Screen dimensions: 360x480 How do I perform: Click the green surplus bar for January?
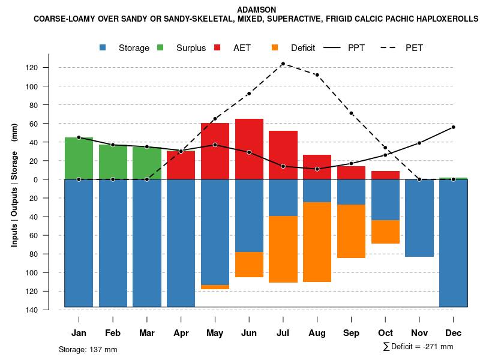tap(79, 158)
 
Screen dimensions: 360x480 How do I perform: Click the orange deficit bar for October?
tap(385, 232)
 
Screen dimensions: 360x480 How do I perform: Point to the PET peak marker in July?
tap(283, 64)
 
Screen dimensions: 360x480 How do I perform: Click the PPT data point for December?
tap(454, 127)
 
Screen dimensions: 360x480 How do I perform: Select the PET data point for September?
tap(351, 113)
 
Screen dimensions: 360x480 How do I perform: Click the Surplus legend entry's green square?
tap(160, 48)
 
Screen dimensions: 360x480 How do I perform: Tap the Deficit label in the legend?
tap(303, 48)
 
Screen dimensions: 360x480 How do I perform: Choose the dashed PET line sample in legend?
tap(388, 48)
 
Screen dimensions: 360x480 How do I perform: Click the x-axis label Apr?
tap(181, 333)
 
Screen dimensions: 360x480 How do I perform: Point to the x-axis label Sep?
tap(351, 333)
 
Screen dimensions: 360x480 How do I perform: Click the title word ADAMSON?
tap(257, 10)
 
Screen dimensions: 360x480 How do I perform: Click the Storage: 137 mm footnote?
tap(88, 349)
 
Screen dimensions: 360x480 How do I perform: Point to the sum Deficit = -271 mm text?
tap(418, 347)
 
